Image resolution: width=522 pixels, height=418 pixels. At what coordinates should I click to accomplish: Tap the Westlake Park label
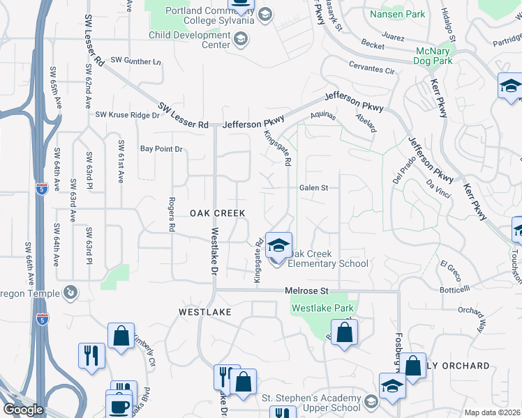click(323, 308)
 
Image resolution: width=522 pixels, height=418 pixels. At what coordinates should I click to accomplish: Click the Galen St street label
click(313, 187)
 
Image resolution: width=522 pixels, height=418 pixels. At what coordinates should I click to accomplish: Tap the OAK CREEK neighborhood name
click(218, 214)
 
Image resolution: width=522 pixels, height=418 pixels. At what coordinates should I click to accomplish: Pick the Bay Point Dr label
click(161, 149)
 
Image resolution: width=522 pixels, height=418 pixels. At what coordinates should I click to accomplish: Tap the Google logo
click(22, 410)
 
